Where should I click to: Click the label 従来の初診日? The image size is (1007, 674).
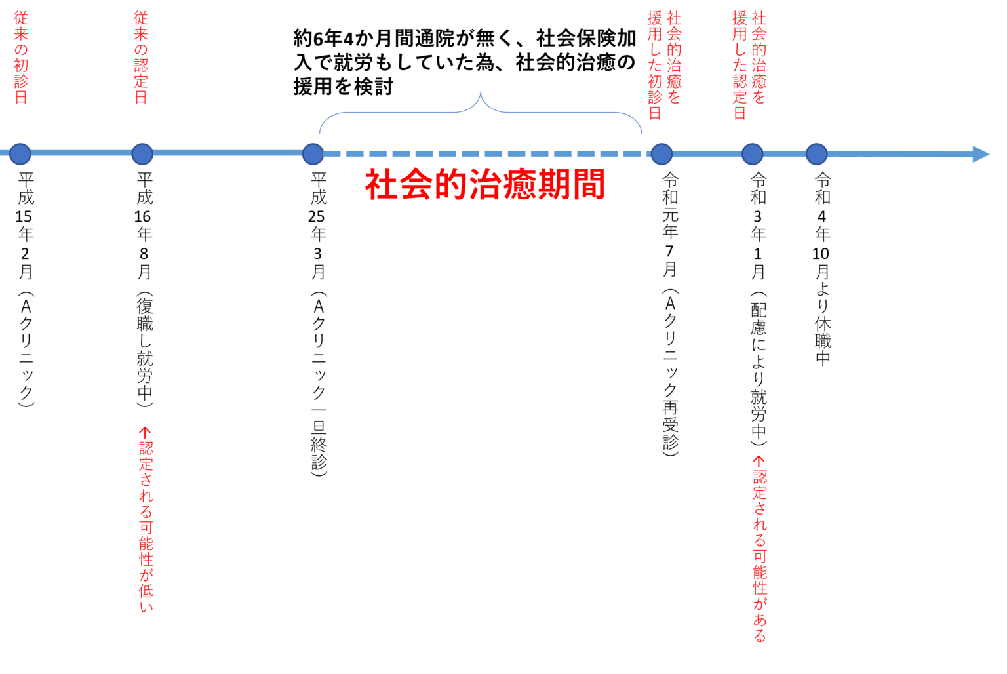(21, 58)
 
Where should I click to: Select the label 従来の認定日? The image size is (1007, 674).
(141, 58)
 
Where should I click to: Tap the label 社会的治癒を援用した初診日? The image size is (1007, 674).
(664, 66)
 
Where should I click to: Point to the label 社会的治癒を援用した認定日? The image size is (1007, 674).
(749, 66)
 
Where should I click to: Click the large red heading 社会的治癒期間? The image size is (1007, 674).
(484, 186)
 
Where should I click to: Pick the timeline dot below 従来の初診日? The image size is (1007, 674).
(20, 154)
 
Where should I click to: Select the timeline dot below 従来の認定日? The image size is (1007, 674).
(142, 154)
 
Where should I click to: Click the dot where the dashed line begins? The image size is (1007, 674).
(313, 154)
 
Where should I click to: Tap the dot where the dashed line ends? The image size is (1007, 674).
(661, 154)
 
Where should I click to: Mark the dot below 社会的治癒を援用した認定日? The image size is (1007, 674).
(752, 154)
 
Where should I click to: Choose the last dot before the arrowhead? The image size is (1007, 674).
(816, 154)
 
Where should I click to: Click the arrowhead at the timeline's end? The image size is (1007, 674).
(981, 154)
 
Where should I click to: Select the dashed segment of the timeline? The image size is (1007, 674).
(485, 154)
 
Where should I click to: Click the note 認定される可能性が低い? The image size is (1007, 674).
(146, 528)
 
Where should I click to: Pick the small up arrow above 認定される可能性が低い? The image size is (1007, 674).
(145, 432)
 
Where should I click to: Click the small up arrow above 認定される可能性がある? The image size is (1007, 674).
(759, 461)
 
